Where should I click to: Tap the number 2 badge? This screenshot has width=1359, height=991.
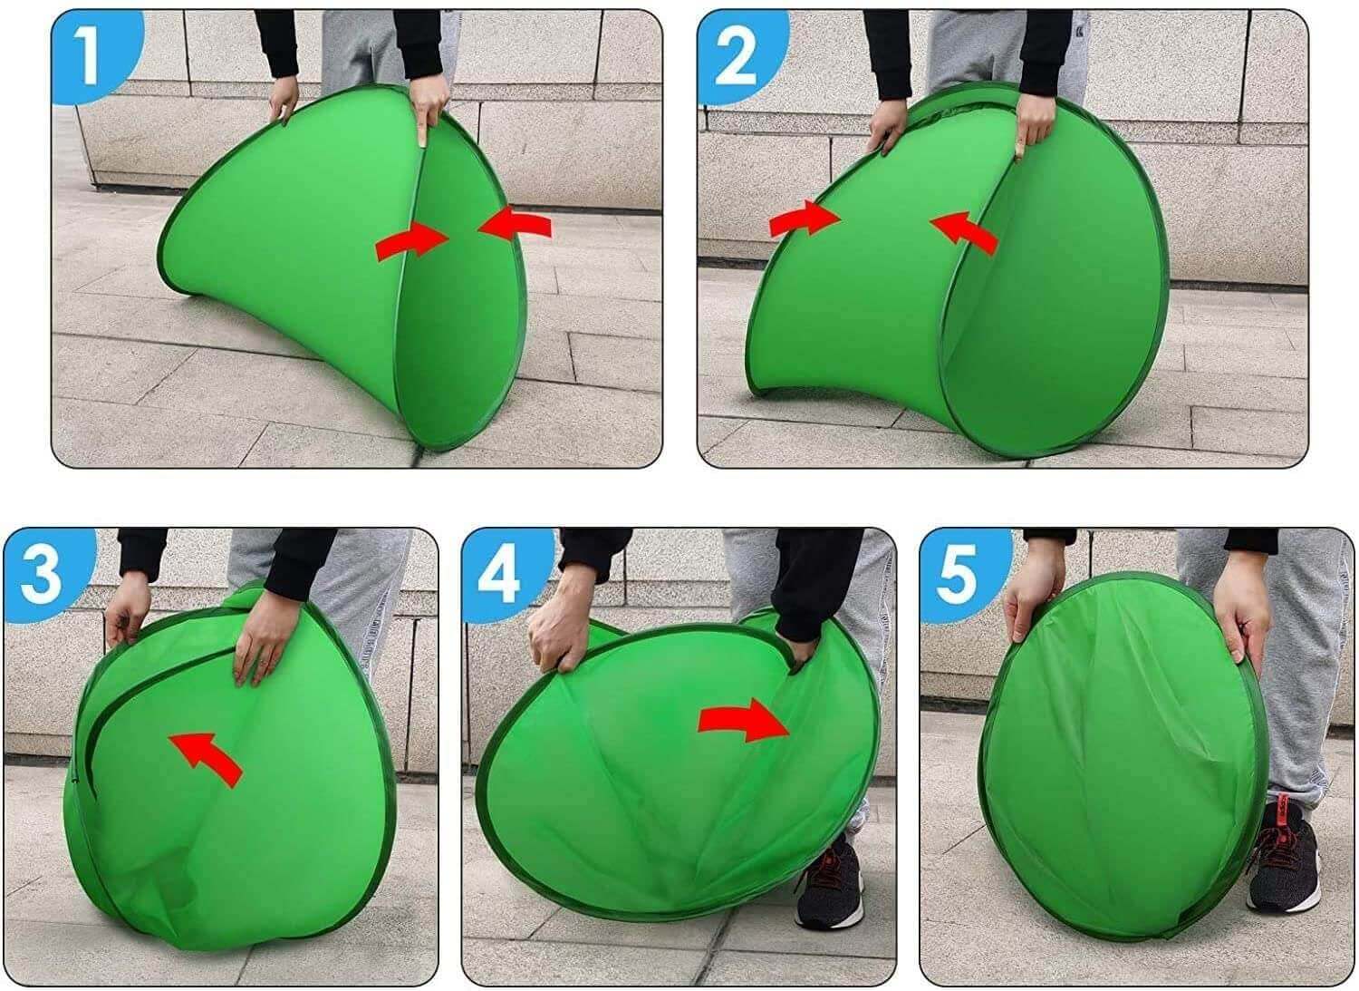pos(735,56)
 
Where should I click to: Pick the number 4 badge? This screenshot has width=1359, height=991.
pos(499,575)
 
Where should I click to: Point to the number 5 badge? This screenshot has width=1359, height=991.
pos(957,573)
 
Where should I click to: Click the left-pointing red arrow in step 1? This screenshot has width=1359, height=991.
pos(514,224)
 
